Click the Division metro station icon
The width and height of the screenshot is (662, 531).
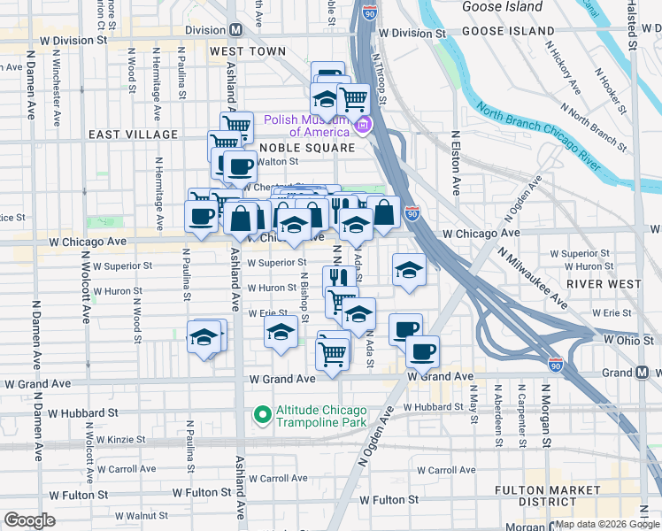coord(235,29)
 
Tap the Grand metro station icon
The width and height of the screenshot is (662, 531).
coord(643,373)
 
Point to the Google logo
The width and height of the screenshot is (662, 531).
coord(29,520)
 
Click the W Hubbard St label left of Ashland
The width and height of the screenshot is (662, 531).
coord(83,412)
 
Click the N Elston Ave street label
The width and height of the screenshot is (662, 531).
coord(457,164)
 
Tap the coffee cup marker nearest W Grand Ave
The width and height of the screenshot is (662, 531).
coord(422,350)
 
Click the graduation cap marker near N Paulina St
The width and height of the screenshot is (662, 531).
coord(203,338)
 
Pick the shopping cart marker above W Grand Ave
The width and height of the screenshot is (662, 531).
coord(332,353)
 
